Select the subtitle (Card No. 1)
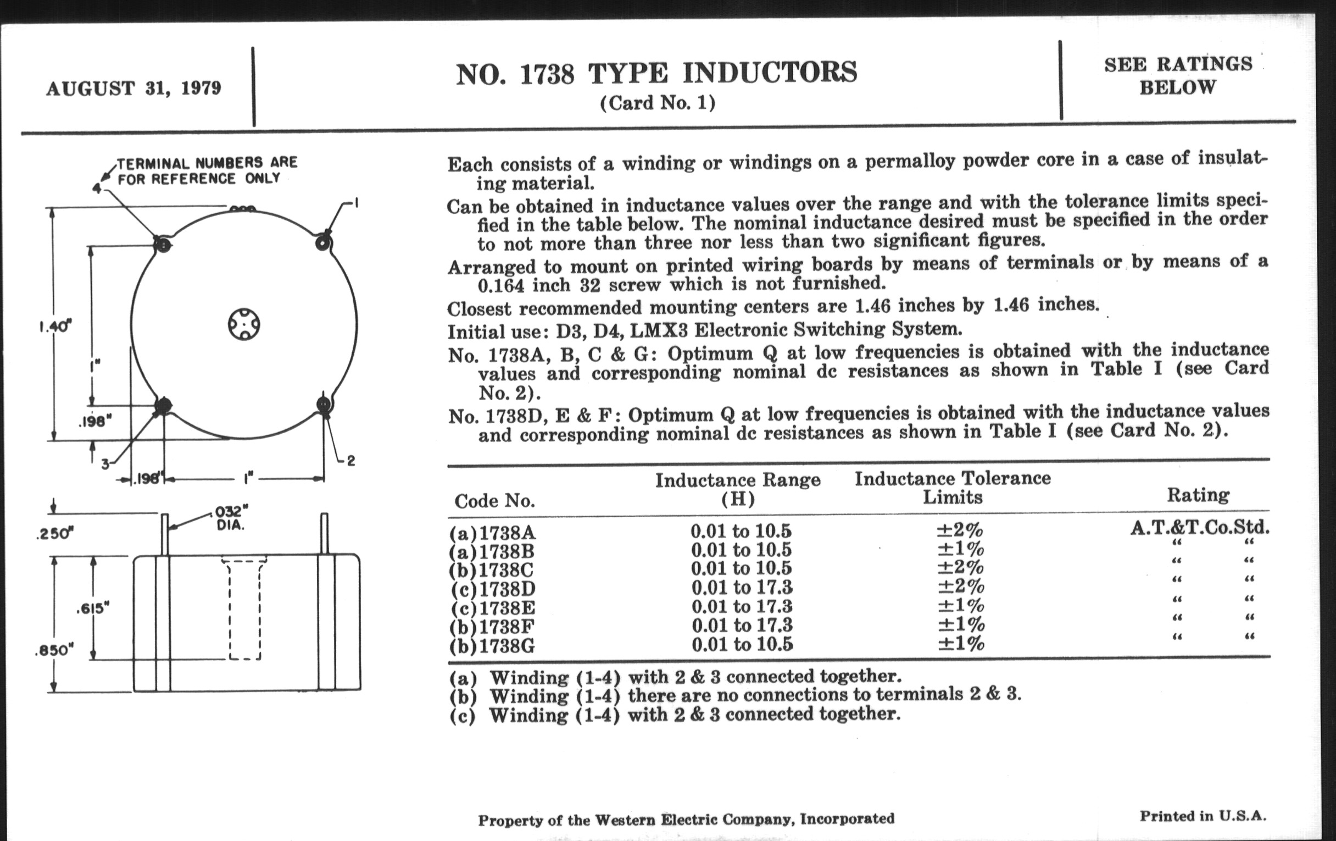coord(658,103)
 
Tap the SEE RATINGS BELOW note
coord(1178,76)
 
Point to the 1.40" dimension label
coord(55,327)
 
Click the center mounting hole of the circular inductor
coord(244,324)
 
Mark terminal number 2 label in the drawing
coord(350,460)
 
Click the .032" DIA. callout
coord(231,517)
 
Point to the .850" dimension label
coord(54,650)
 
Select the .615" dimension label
coord(92,608)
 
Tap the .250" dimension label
coord(54,534)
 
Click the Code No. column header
coord(494,501)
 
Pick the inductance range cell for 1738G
coord(742,644)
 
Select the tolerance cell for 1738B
coord(960,550)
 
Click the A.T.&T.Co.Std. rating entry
coord(1200,527)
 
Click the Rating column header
coord(1198,495)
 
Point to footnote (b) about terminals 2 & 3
coord(734,695)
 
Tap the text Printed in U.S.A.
coord(1203,816)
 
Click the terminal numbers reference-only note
coord(207,170)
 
